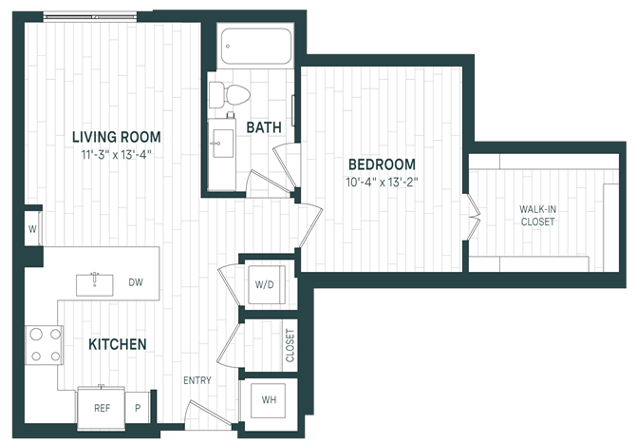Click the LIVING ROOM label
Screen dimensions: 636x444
[x=117, y=137]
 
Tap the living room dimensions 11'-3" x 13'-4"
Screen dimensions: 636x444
[x=117, y=155]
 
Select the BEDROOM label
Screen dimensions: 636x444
[x=383, y=164]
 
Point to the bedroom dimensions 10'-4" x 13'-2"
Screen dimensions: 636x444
[x=383, y=182]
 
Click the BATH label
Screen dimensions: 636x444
[x=264, y=127]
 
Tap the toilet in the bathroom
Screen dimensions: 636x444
[x=229, y=95]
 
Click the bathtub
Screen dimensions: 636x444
[x=256, y=46]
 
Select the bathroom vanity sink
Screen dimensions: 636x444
[x=223, y=144]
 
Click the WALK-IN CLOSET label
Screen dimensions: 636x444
[x=538, y=216]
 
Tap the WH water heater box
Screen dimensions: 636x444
[x=268, y=400]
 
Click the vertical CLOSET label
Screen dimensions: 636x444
[x=290, y=345]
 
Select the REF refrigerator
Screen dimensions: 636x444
[x=102, y=408]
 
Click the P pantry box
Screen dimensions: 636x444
[x=138, y=408]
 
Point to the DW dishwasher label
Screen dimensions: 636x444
[x=136, y=282]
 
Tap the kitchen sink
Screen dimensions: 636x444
[x=95, y=285]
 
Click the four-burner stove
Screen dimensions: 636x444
[x=45, y=345]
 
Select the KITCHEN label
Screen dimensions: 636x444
[x=118, y=344]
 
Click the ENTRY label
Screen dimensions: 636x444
[x=197, y=380]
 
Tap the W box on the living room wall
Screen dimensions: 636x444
[x=33, y=229]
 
